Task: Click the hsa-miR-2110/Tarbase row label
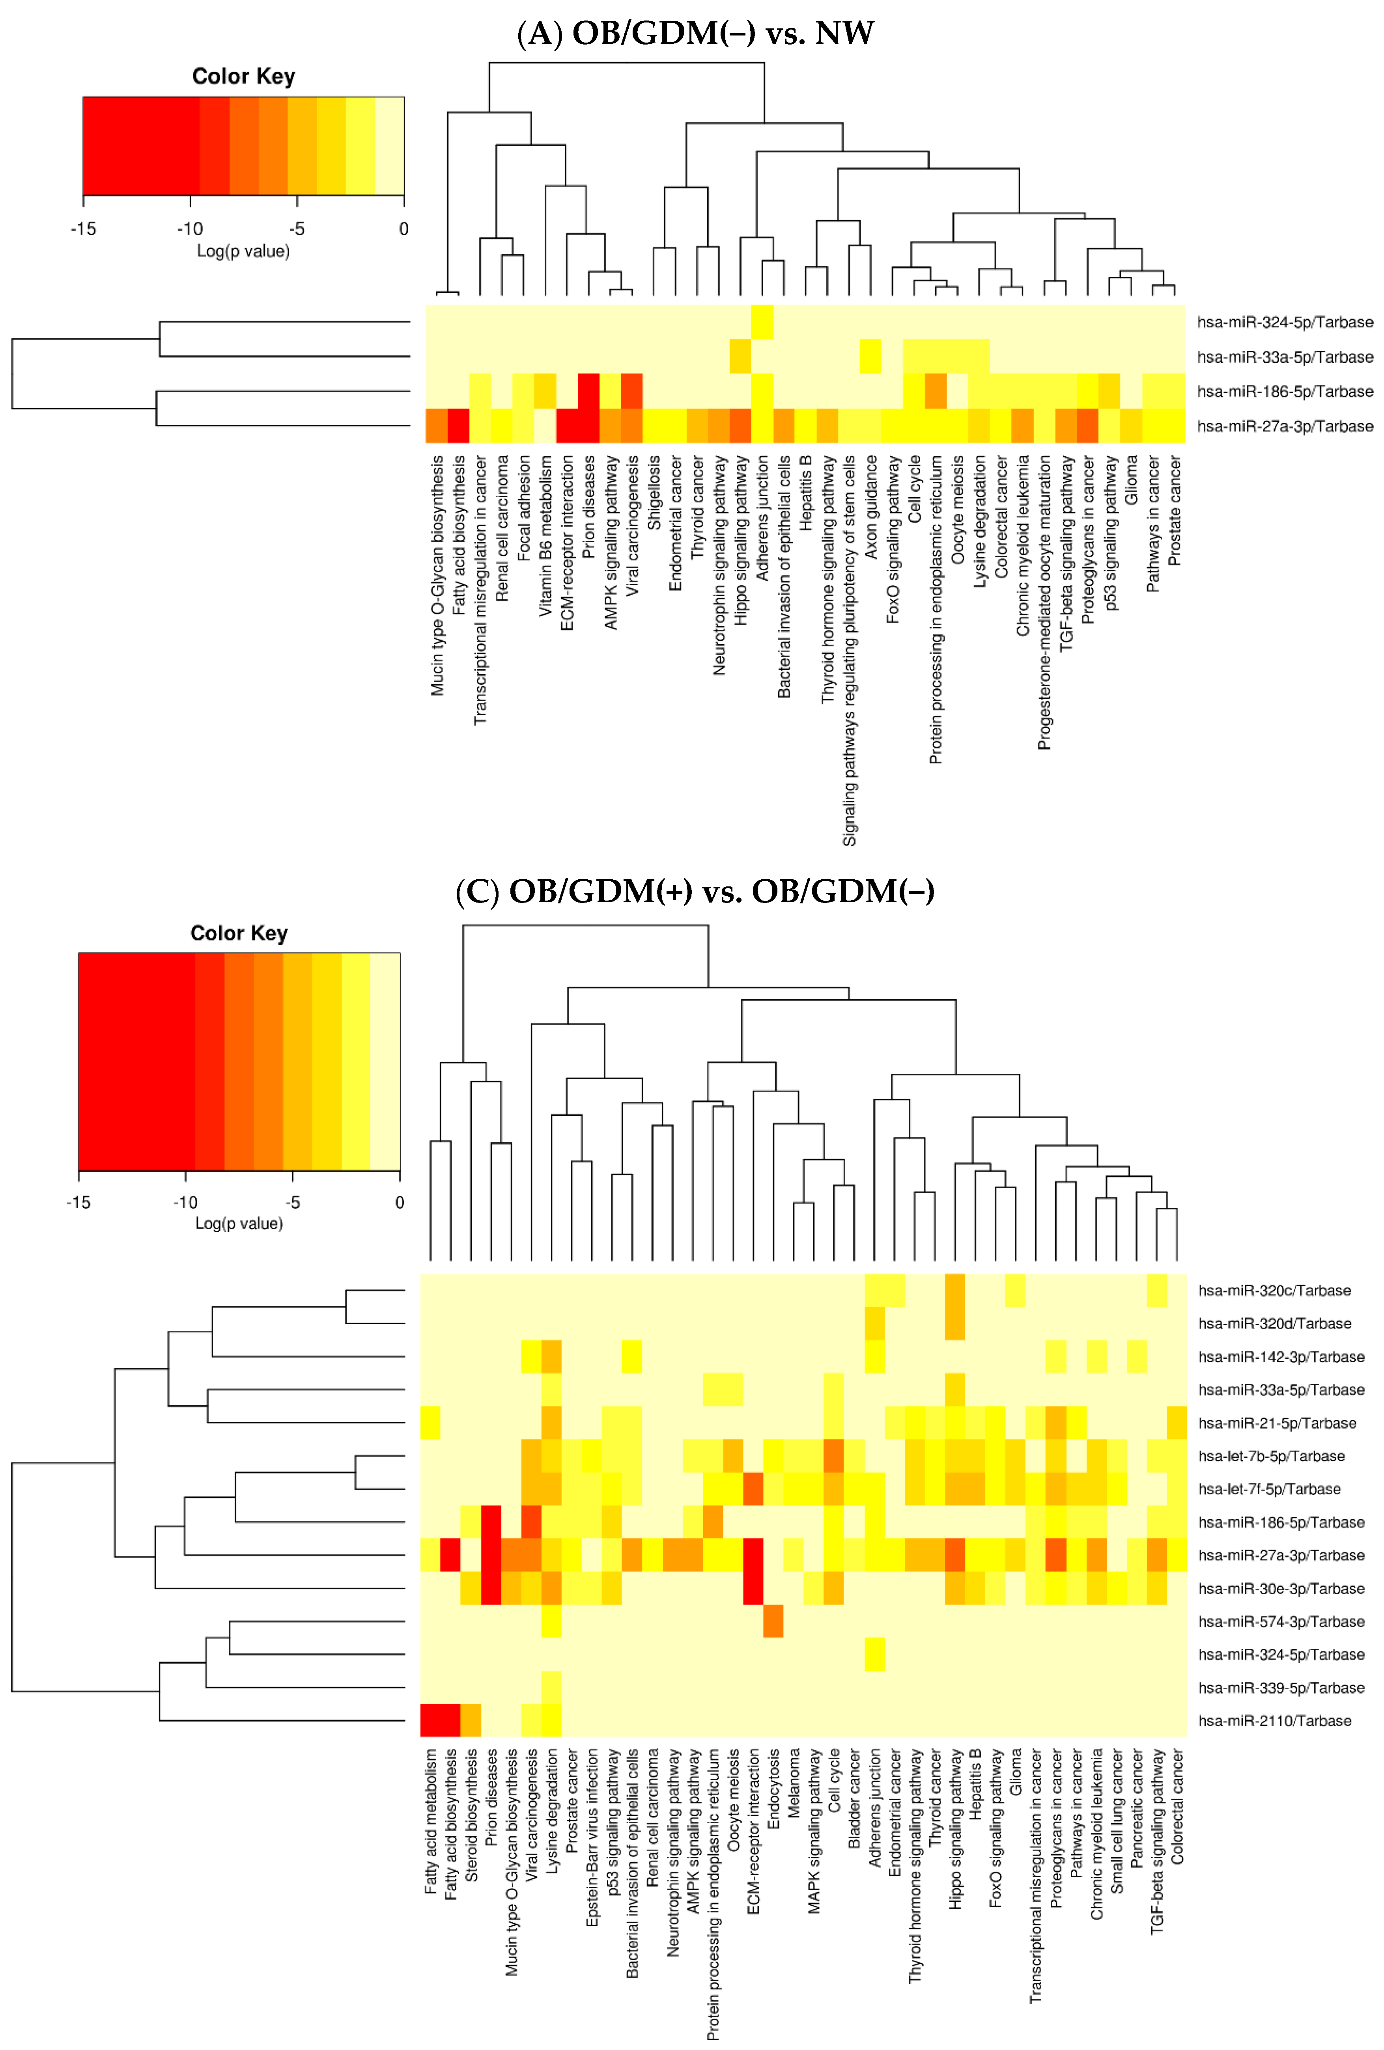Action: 1274,1721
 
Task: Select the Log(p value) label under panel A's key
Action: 243,252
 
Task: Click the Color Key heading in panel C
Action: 239,933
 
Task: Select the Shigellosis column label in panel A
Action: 654,492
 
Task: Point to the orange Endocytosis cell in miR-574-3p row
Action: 773,1621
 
